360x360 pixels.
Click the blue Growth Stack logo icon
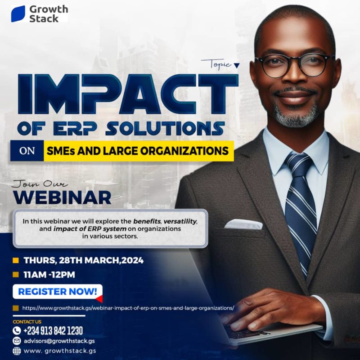click(x=18, y=14)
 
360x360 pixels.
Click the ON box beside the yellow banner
click(x=27, y=151)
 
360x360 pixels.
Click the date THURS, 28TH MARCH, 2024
click(x=83, y=260)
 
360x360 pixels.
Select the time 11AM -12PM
click(x=49, y=274)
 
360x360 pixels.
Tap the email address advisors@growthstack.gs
click(x=59, y=341)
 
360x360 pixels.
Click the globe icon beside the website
click(x=17, y=351)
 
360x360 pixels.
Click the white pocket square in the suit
click(x=243, y=224)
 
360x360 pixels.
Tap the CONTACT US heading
click(x=27, y=322)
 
